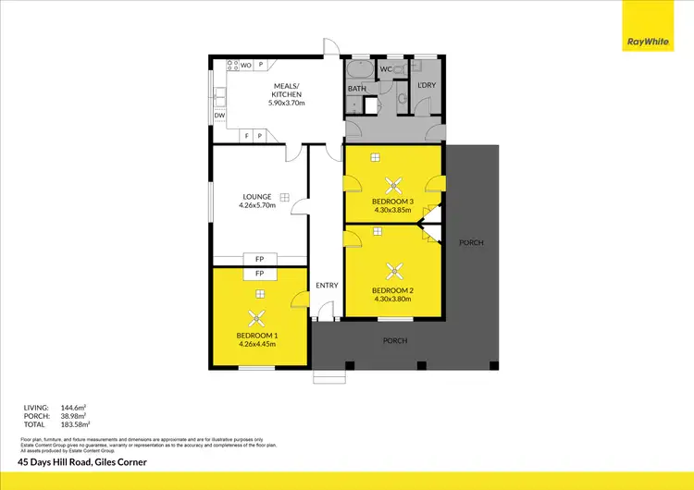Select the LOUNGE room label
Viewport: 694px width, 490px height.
tap(256, 196)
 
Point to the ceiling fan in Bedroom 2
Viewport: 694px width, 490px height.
tap(394, 270)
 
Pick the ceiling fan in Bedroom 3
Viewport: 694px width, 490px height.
tap(393, 182)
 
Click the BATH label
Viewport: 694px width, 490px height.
tap(357, 89)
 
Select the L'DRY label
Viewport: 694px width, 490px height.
tap(427, 85)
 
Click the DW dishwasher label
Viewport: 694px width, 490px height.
tap(219, 116)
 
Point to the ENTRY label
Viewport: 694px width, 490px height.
tap(327, 285)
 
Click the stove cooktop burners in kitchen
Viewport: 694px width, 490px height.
tap(232, 65)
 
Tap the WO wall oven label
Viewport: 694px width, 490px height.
tap(246, 65)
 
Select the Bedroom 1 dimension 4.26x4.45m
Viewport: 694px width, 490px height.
tap(257, 344)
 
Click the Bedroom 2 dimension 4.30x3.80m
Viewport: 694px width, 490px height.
tap(393, 299)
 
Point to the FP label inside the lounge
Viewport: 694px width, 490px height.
tap(260, 259)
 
